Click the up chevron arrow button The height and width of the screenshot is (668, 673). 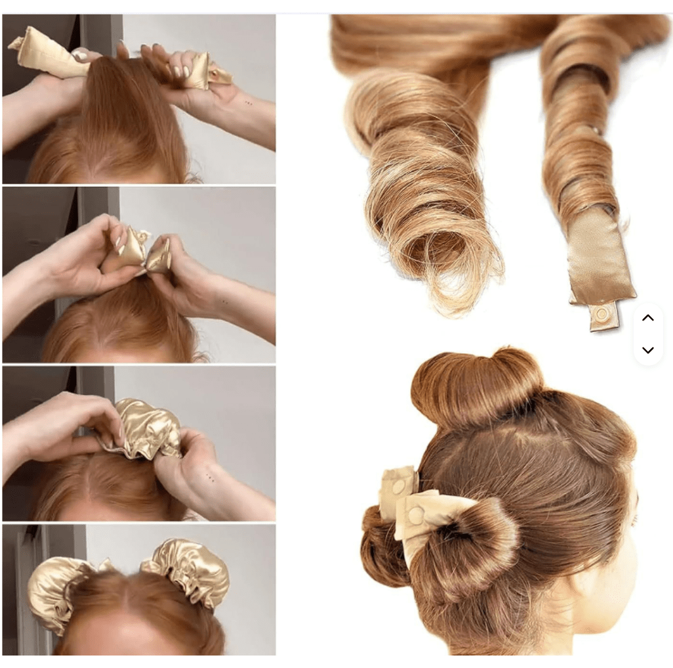tap(647, 318)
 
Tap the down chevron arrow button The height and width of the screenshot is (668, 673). tap(647, 350)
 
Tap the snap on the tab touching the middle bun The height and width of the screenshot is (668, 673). tap(415, 516)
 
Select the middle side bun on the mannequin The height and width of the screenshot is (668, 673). tap(466, 539)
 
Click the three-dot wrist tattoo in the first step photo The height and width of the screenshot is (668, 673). tap(247, 103)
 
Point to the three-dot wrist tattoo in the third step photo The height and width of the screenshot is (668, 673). tap(208, 476)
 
